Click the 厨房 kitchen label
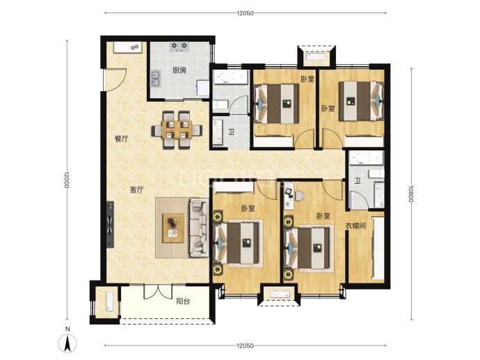179,70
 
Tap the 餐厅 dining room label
122,139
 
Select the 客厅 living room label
136,190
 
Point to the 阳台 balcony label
183,302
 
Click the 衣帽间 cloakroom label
355,226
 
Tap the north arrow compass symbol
67,343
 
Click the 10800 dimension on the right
411,194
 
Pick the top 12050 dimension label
245,13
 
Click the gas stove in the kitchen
179,47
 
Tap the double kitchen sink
156,79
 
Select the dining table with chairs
177,130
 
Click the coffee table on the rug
173,228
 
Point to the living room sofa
199,227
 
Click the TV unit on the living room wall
110,224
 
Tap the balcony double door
158,292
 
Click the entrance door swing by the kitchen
115,79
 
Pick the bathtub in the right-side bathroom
367,159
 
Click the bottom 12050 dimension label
245,345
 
